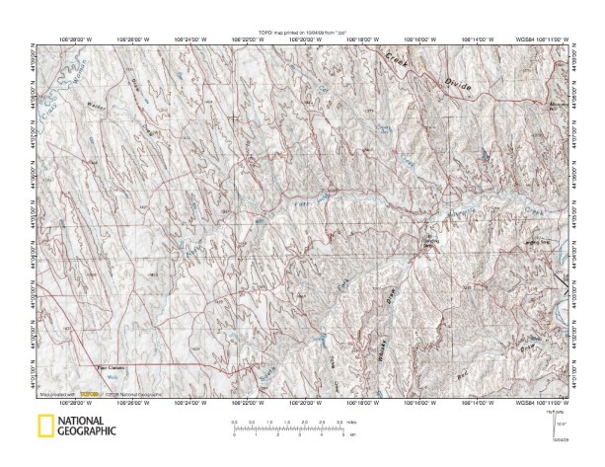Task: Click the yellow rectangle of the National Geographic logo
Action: (x=42, y=426)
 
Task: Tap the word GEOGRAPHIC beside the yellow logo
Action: (x=87, y=431)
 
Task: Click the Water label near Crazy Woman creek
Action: (x=95, y=103)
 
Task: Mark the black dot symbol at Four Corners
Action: (x=97, y=367)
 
